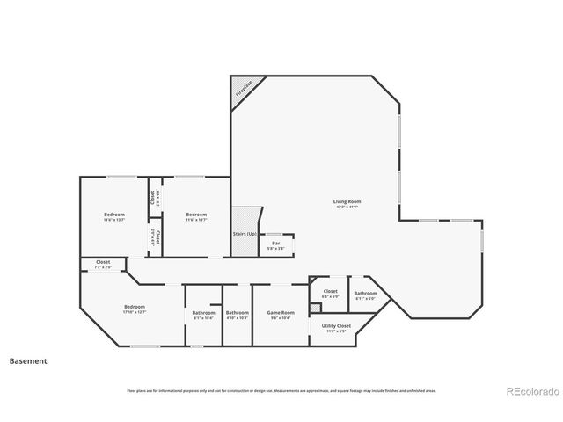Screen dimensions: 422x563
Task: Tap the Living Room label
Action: pos(347,202)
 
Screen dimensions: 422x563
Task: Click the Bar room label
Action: pos(275,243)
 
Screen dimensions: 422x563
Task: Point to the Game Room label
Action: pos(281,312)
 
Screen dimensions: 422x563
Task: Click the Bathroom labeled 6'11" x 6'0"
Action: pos(365,294)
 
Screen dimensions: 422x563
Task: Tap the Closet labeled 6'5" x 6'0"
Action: pos(331,291)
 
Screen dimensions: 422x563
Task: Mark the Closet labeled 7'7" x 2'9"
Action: pos(103,262)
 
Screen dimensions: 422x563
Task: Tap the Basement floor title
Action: pos(28,360)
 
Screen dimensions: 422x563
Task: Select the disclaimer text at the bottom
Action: pos(281,390)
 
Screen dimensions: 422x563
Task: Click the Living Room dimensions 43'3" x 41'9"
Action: pos(347,207)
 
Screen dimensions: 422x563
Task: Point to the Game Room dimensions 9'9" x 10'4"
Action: pos(281,317)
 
